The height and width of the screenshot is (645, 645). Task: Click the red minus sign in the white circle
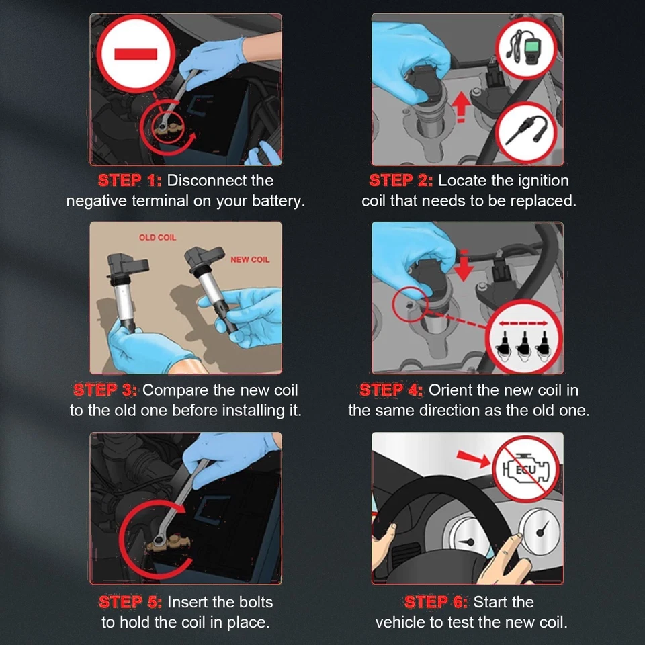[x=136, y=54]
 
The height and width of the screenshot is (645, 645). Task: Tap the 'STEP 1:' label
[x=130, y=181]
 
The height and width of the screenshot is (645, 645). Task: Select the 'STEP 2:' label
[x=401, y=181]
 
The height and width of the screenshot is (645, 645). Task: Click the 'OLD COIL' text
[x=157, y=237]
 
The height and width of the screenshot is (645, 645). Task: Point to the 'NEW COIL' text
[x=250, y=259]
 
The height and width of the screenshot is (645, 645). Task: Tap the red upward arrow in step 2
[x=461, y=107]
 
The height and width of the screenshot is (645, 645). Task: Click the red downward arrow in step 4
[x=464, y=265]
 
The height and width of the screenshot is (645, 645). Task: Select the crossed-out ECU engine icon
[x=526, y=468]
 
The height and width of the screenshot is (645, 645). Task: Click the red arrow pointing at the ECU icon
[x=474, y=458]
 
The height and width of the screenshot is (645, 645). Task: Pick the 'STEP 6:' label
[x=436, y=602]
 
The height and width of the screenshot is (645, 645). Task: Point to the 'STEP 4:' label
[x=391, y=390]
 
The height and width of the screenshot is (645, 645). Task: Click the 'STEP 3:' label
[x=105, y=390]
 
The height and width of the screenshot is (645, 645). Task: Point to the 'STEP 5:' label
[x=130, y=602]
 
